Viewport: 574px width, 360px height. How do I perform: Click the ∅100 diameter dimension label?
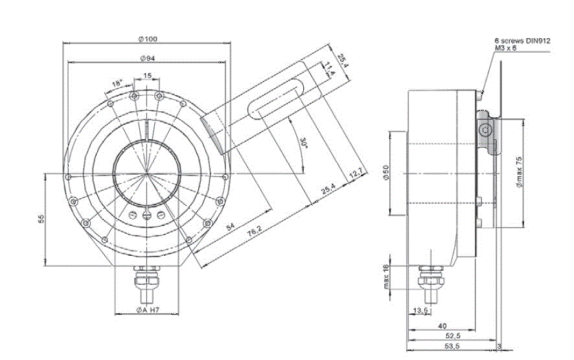click(x=147, y=39)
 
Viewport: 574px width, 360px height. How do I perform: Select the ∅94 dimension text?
click(x=147, y=59)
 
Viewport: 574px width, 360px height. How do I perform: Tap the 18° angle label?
click(x=117, y=84)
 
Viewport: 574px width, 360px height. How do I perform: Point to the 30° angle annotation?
click(x=303, y=142)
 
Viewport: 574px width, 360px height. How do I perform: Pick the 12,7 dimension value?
click(x=355, y=175)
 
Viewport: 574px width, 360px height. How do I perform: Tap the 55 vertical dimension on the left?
click(x=40, y=219)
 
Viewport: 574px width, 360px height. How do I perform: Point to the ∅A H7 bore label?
click(x=148, y=311)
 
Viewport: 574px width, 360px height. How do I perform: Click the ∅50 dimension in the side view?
click(x=385, y=173)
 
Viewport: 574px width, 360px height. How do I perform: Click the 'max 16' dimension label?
click(x=385, y=276)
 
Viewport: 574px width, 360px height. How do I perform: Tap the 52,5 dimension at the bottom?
click(x=453, y=336)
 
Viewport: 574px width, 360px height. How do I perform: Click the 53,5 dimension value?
click(x=453, y=347)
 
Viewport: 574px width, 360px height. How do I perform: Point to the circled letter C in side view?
click(x=485, y=129)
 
